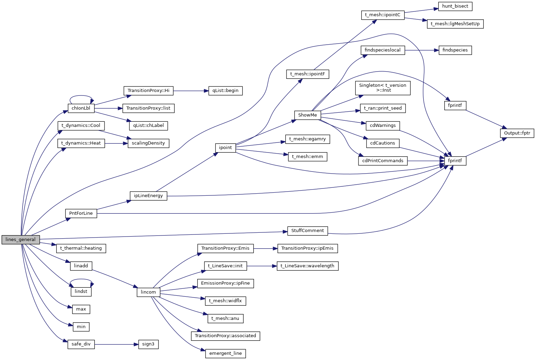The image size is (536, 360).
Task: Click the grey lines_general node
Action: [20, 239]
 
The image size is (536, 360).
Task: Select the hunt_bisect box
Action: [455, 6]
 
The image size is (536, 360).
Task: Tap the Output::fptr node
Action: [517, 133]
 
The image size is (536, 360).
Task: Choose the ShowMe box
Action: [308, 115]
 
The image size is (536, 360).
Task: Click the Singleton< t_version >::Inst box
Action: [382, 88]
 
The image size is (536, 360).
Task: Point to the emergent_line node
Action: [225, 353]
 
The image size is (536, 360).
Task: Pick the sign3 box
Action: [148, 344]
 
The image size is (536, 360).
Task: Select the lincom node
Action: [148, 292]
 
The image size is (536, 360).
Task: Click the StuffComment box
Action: [308, 231]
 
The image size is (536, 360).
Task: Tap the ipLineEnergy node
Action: [148, 196]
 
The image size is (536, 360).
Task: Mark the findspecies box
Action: [455, 50]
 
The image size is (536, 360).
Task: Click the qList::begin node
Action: [225, 91]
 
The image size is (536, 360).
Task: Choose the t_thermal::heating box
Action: [81, 248]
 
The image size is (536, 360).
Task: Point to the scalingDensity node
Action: [148, 143]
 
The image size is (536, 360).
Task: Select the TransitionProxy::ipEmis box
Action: [308, 248]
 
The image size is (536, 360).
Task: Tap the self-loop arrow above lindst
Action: [81, 279]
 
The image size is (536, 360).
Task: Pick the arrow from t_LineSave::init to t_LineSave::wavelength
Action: [262, 266]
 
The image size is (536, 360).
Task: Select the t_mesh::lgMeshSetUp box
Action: [455, 24]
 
